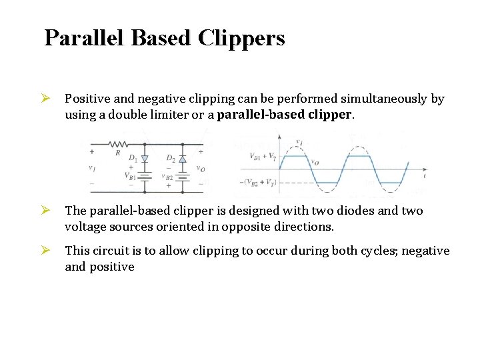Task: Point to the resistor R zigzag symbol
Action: point(118,143)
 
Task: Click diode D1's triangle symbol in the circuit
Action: point(145,159)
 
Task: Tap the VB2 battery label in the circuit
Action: point(169,176)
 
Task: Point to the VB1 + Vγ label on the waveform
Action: point(262,157)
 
